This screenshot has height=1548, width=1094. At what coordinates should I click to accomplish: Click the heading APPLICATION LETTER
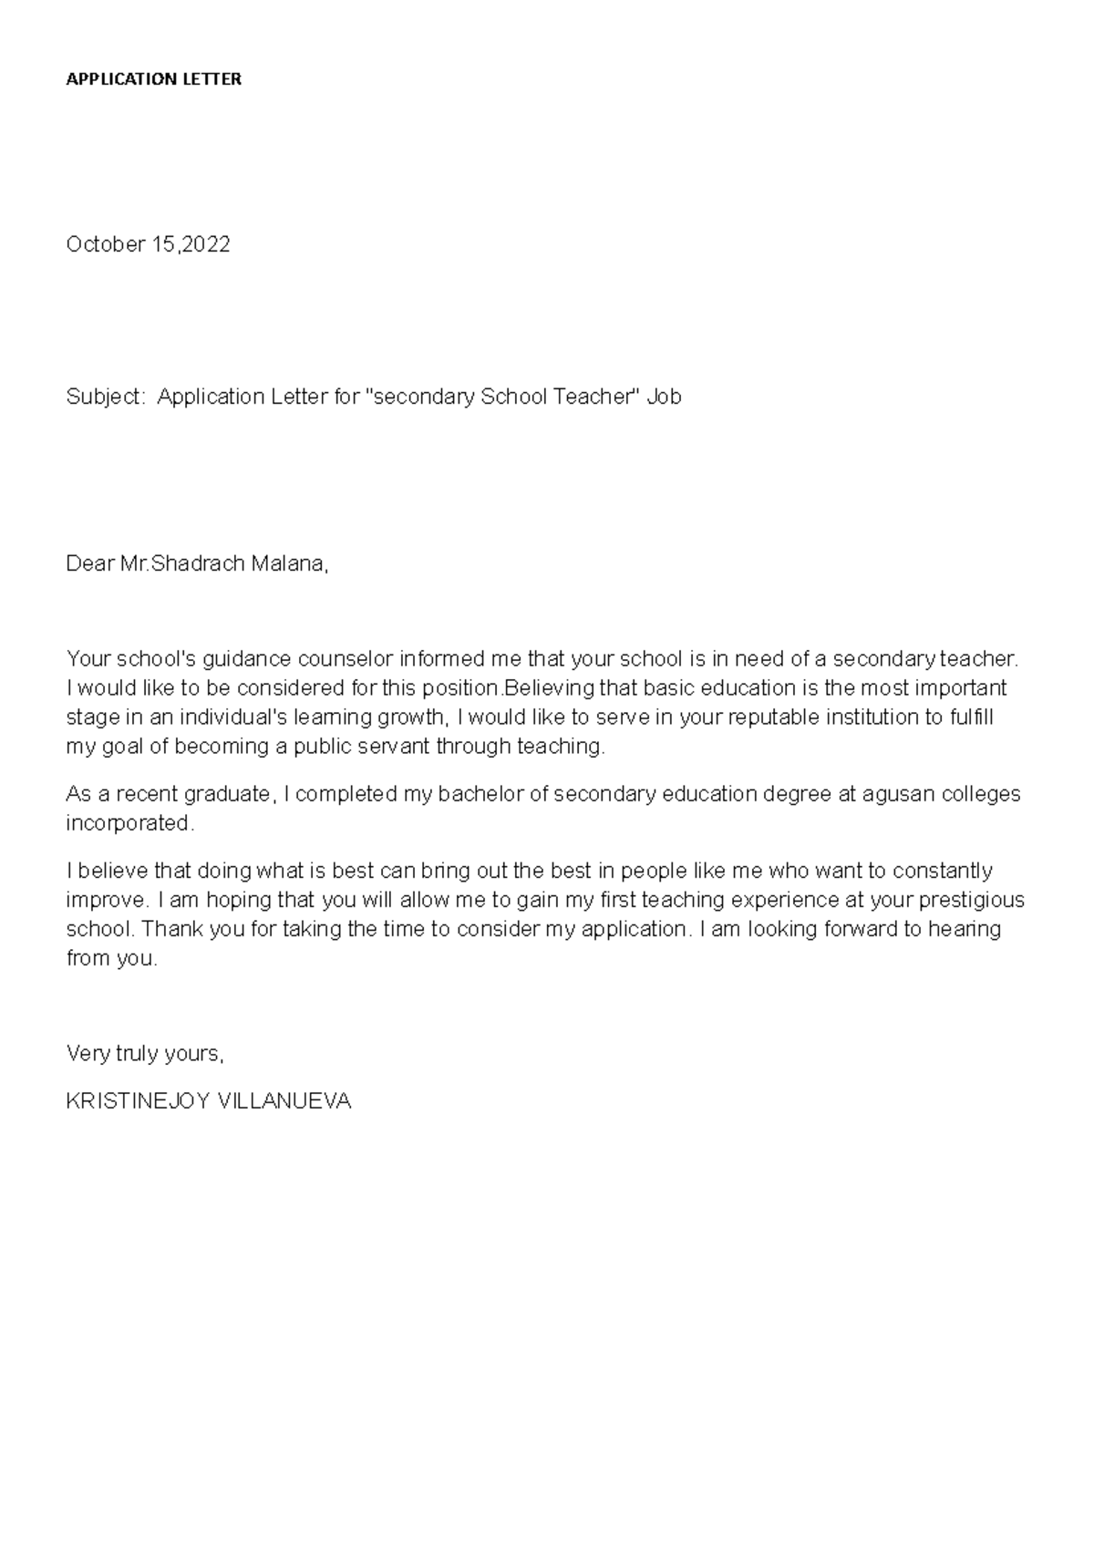click(x=153, y=79)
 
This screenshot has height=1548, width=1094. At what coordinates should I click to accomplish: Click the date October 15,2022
click(x=148, y=244)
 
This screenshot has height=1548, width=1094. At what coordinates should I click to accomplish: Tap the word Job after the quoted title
click(x=664, y=397)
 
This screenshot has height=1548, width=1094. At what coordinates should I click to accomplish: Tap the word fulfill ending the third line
click(x=970, y=717)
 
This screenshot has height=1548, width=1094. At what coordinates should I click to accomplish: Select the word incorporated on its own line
click(x=129, y=823)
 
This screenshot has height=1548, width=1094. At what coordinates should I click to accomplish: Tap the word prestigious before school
click(x=972, y=901)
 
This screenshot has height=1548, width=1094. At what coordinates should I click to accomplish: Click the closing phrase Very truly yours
click(x=144, y=1054)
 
